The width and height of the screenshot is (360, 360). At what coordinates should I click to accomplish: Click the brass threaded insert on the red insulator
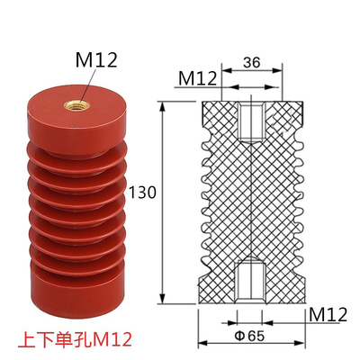(77, 104)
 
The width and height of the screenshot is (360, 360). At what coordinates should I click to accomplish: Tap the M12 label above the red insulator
(96, 60)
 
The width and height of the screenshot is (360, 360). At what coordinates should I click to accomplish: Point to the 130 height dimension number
(142, 193)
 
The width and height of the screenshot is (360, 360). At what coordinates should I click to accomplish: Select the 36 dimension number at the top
(252, 63)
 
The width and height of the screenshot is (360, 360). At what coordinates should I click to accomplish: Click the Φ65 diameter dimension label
(249, 336)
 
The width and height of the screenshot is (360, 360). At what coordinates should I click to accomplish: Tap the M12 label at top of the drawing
(198, 79)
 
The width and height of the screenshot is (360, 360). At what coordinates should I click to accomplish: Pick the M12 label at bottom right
(328, 315)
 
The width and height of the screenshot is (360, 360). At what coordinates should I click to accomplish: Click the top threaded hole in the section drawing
(251, 121)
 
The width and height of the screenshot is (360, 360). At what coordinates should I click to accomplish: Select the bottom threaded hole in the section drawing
(250, 281)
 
